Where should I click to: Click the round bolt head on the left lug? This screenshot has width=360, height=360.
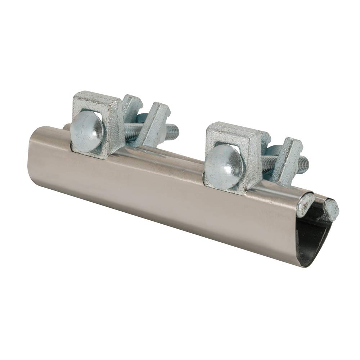click(x=86, y=132)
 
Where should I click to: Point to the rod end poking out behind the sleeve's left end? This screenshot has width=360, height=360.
click(x=66, y=128)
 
